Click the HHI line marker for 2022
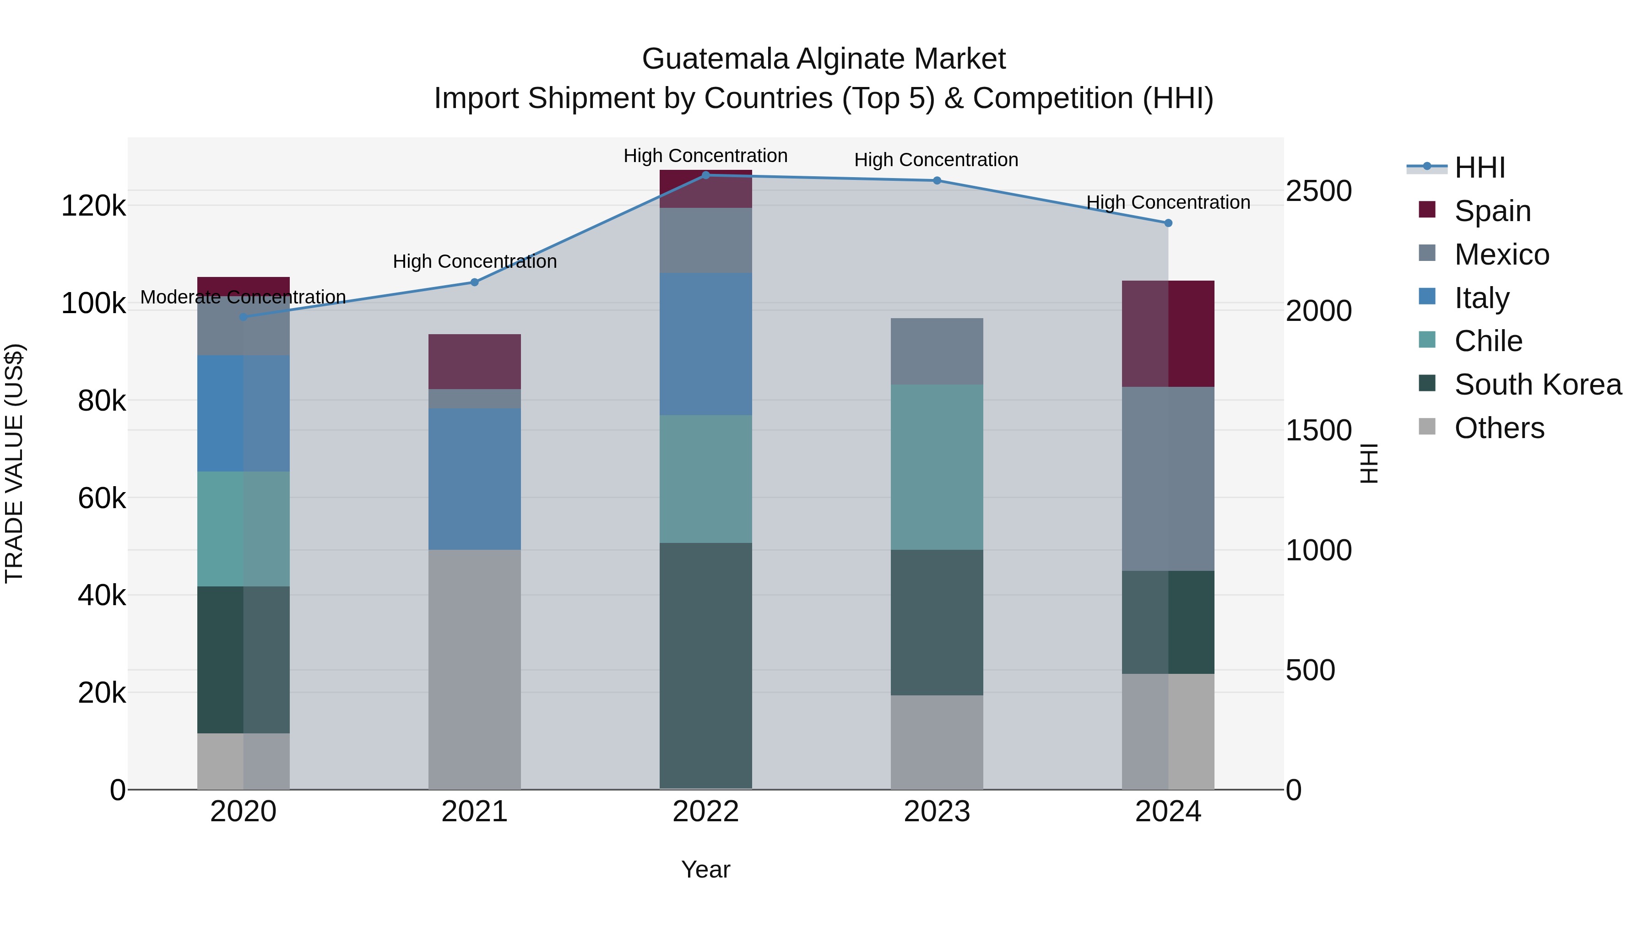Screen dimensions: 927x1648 (705, 175)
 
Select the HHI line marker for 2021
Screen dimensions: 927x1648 (475, 282)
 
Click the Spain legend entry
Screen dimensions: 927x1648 (1492, 211)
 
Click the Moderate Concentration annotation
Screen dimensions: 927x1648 (243, 298)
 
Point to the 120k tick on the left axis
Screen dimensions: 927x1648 (93, 206)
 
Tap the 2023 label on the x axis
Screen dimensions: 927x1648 (937, 812)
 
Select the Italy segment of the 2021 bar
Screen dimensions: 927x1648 (475, 478)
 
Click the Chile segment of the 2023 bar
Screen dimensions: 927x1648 (937, 467)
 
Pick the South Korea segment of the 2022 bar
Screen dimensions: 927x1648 (705, 665)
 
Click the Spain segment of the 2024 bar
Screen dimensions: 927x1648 (1168, 333)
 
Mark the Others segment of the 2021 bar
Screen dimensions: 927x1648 (475, 669)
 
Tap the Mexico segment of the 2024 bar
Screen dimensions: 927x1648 (1168, 478)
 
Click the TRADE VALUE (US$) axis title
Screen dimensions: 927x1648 (14, 463)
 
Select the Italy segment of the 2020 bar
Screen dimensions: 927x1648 (243, 413)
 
